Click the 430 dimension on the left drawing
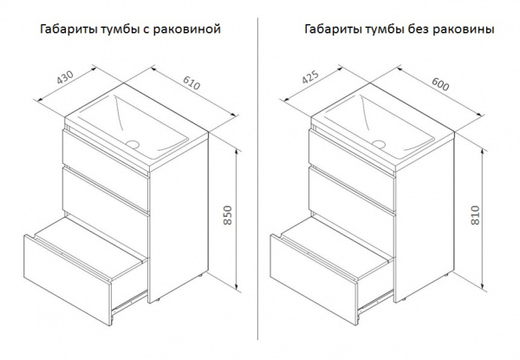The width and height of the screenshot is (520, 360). pos(65,78)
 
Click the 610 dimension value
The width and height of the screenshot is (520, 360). pos(192,83)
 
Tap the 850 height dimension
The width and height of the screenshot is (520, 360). pos(227,215)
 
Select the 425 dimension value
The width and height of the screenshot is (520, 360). pos(310,77)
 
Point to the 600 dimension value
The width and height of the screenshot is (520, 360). pos(440,84)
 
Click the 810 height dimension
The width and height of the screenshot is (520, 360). pos(475,215)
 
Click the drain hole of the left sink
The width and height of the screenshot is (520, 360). pos(133,144)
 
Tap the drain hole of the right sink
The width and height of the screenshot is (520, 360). pos(379,144)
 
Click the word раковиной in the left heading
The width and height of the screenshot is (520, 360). pos(186,29)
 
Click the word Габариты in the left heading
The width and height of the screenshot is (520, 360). pos(68,29)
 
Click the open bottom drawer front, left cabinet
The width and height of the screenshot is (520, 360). pos(68,279)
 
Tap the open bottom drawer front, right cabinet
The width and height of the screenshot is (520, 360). pos(314,279)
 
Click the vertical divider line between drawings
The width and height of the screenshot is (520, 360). pos(258,179)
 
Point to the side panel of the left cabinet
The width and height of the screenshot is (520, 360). pos(179,219)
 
